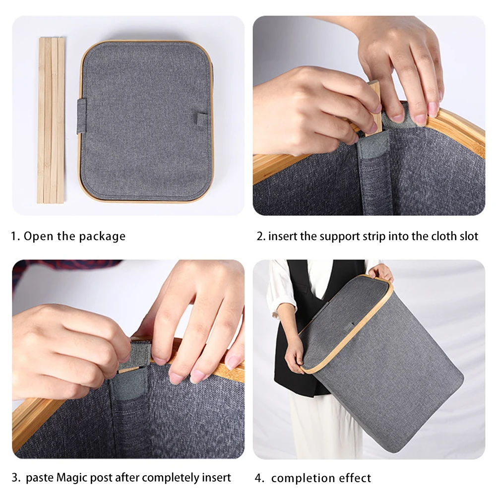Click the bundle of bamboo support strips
51,120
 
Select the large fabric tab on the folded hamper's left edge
82,116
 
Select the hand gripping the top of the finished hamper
381,272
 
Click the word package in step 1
102,236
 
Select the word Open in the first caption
39,236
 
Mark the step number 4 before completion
258,478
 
